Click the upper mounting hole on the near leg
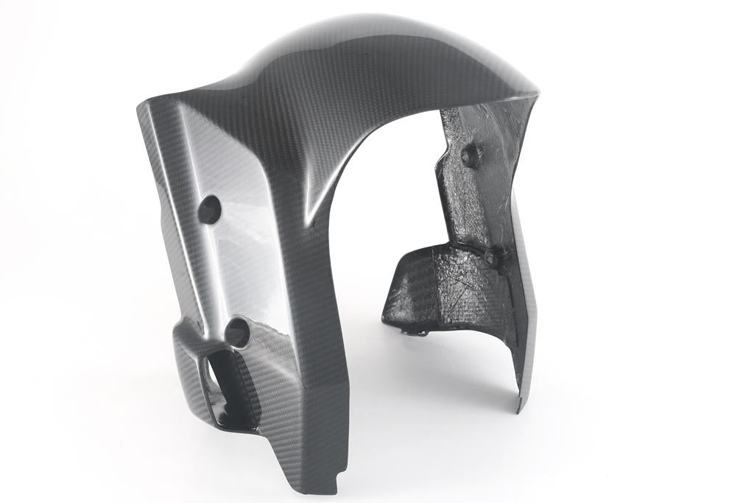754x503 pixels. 209,209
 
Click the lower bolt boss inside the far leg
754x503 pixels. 493,257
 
